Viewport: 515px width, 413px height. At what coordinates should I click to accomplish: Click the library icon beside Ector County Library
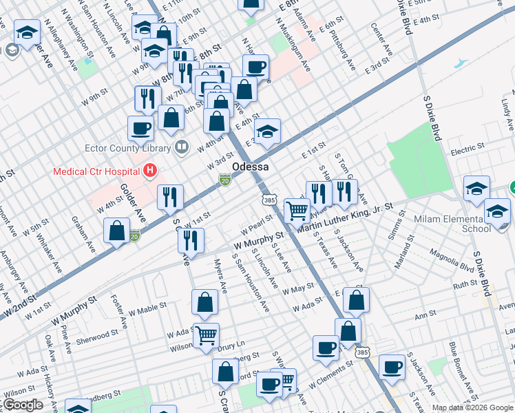(x=181, y=147)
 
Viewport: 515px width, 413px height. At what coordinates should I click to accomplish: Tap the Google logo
(x=23, y=405)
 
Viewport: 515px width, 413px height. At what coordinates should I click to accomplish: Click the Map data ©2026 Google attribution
(x=472, y=407)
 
